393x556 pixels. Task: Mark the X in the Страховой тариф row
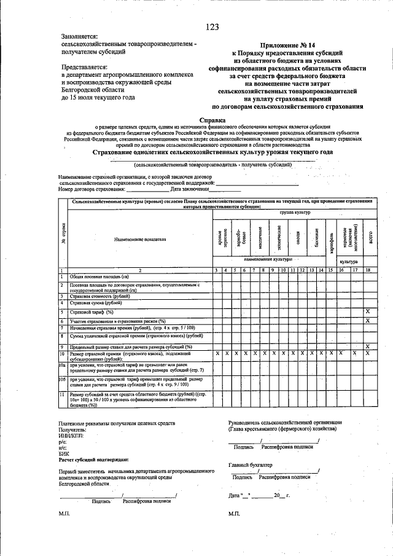point(368,312)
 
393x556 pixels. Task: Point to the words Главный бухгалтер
point(249,465)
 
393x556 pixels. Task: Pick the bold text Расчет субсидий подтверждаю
point(93,460)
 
